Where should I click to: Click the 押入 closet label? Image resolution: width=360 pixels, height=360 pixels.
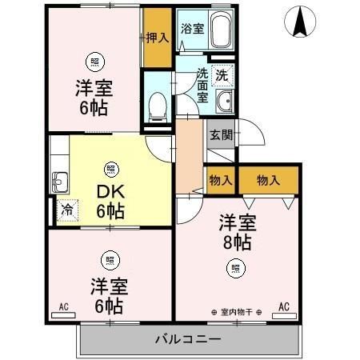tap(158, 37)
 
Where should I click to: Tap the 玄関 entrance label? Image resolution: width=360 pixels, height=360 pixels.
tap(221, 134)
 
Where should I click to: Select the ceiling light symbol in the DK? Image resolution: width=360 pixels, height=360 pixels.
tap(110, 169)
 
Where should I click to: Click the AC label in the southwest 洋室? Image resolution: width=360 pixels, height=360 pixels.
tap(64, 306)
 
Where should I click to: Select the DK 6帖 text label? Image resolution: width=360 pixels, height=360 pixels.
tap(110, 202)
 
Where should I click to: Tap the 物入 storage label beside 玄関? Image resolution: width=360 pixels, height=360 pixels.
tap(221, 180)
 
